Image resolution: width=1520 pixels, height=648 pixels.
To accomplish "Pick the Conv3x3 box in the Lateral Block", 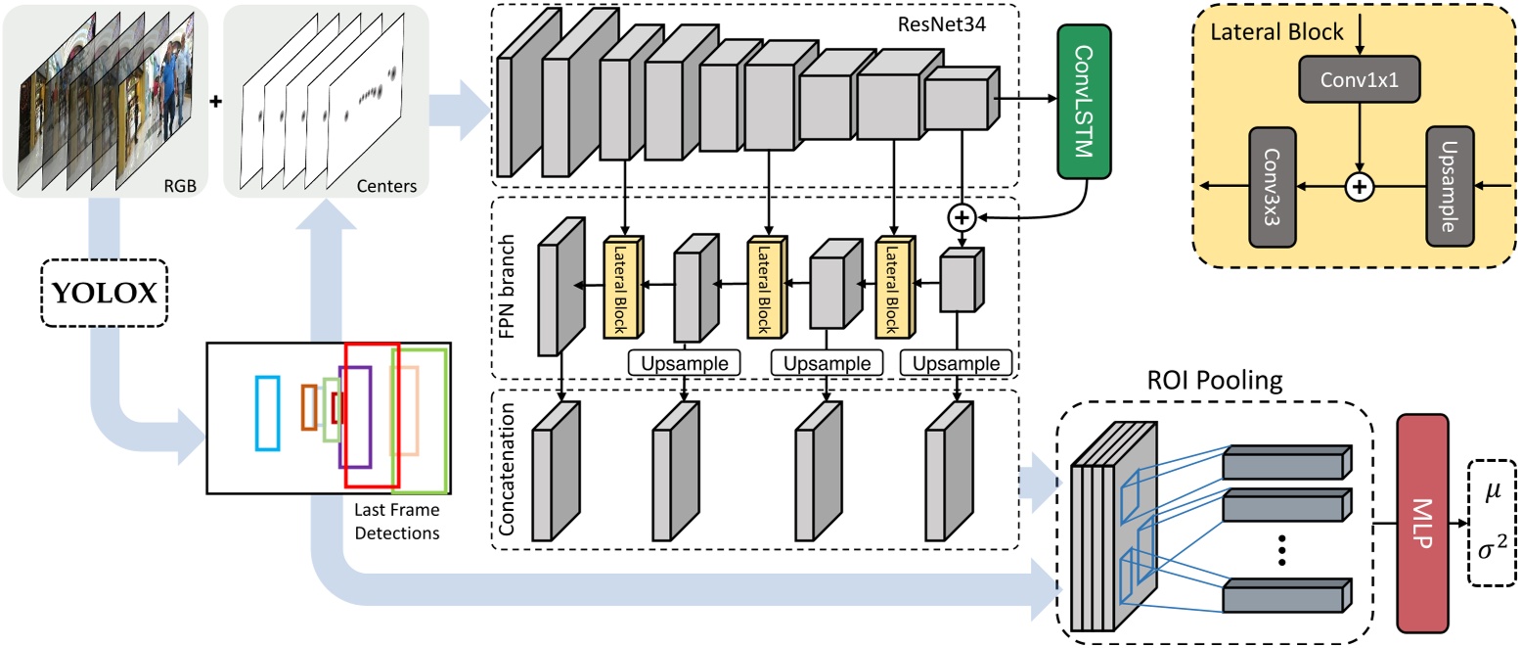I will [1273, 185].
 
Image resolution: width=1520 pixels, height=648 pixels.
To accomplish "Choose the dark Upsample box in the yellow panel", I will [1450, 185].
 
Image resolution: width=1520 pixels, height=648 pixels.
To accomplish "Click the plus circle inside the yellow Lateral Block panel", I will [1359, 185].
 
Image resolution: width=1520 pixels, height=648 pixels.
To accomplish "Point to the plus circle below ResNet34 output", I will [962, 214].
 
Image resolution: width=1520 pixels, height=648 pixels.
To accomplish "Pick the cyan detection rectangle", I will [267, 413].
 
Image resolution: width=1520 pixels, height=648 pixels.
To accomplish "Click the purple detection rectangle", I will [355, 416].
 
